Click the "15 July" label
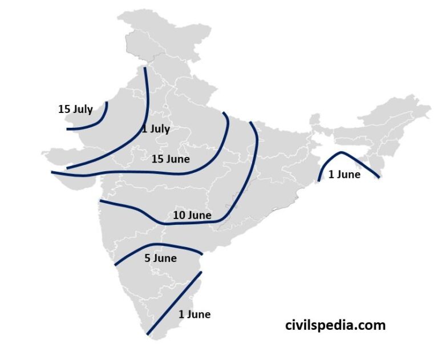pos(75,108)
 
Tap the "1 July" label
pos(156,129)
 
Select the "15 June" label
pos(171,159)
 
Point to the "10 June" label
pos(192,215)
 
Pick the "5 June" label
pos(160,258)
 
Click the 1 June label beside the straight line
pos(194,314)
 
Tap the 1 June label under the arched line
pos(344,175)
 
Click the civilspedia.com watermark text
pos(335,325)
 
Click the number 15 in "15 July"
pos(64,108)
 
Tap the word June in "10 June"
pos(200,215)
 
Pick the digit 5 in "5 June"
pos(148,258)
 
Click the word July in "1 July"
pos(160,129)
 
